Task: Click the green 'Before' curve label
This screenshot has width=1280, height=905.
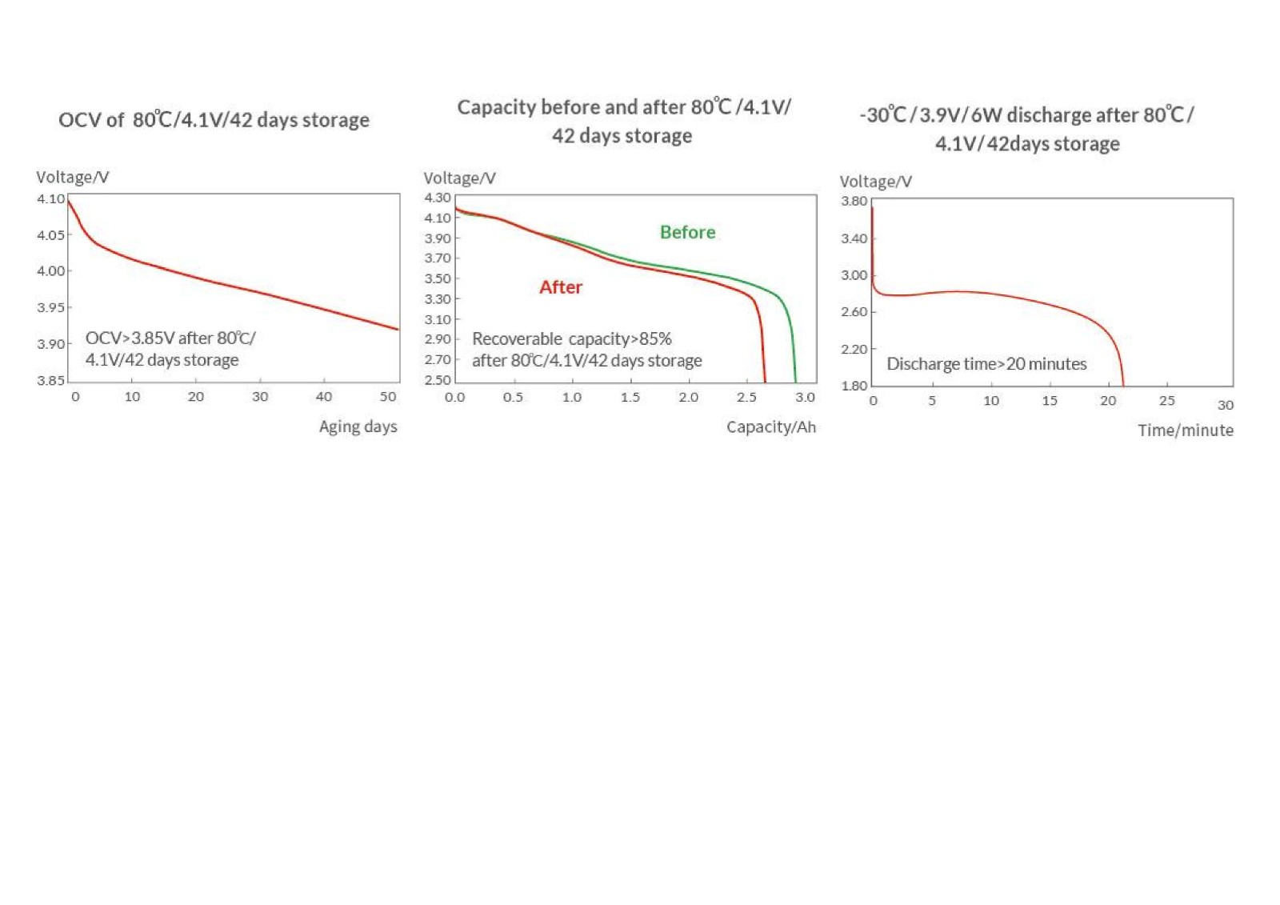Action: coord(687,232)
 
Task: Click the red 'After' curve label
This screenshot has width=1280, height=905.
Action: coord(560,287)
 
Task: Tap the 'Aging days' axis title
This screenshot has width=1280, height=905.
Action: coord(358,426)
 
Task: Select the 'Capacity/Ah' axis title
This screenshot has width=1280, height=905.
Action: coord(770,426)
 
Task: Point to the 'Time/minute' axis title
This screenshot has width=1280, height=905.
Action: coord(1185,430)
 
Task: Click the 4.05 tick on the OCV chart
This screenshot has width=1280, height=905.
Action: coord(50,235)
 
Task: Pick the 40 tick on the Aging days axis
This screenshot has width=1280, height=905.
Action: coord(323,396)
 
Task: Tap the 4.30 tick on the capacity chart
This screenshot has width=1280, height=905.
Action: coord(438,198)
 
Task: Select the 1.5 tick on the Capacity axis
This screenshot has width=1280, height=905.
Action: coord(630,397)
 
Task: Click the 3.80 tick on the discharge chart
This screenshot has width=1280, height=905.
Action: coord(854,201)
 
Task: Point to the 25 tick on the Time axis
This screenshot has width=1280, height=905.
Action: coord(1166,400)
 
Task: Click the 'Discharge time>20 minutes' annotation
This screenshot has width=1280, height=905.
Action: coord(986,364)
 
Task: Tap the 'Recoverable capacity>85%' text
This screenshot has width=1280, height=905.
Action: coord(571,338)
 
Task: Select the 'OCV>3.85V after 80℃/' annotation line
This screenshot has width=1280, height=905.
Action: coord(170,338)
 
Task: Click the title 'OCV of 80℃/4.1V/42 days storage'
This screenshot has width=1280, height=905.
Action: coord(214,120)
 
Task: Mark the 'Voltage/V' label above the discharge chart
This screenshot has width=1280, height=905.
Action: coord(875,182)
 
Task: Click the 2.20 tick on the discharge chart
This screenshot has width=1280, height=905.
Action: coord(854,349)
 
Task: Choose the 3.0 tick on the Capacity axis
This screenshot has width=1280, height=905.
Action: coord(805,397)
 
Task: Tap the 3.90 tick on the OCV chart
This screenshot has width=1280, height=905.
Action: coord(50,344)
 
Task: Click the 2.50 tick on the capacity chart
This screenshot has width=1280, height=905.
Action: coord(438,380)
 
